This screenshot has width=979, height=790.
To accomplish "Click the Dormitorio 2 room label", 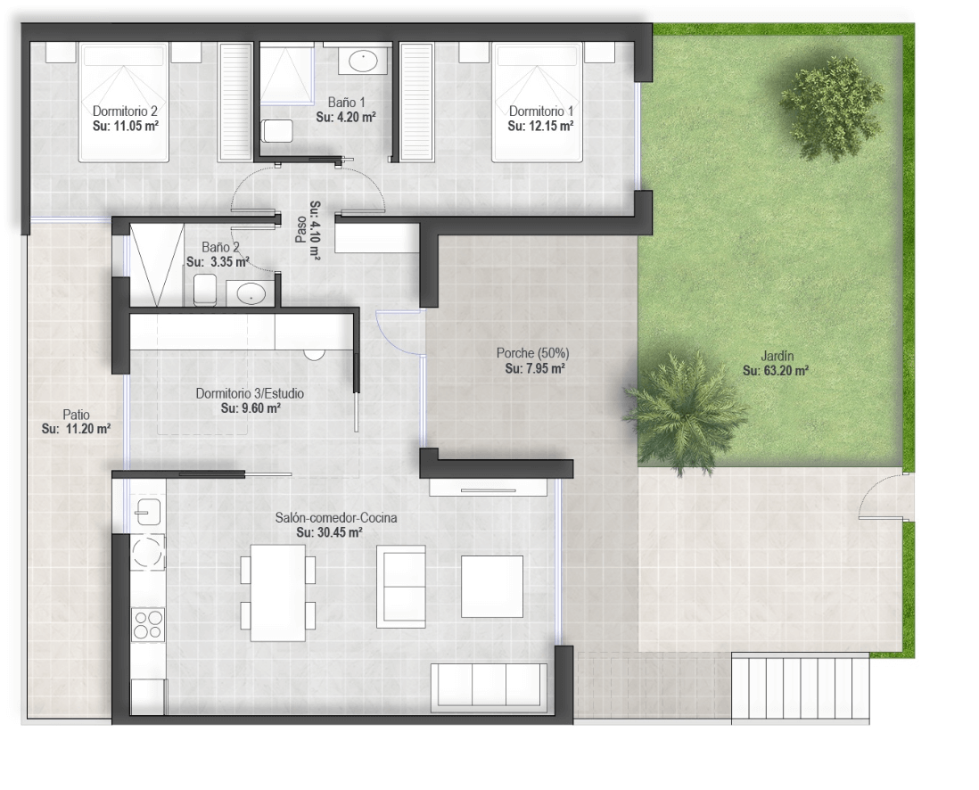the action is point(125,111).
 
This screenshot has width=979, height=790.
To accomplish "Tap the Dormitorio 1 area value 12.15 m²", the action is point(540,126).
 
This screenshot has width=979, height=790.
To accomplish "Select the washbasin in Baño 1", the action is point(363,62).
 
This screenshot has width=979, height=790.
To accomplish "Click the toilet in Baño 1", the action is point(277,130).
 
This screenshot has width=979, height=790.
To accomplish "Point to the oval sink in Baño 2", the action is point(251,292).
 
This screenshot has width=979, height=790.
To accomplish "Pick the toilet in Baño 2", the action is point(205,290).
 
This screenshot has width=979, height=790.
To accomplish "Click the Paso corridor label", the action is point(301,230).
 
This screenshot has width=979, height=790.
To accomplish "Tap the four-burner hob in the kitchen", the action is point(149,624).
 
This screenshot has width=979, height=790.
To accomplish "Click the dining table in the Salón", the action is point(278,593).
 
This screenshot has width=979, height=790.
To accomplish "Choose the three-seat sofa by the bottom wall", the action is point(489,685).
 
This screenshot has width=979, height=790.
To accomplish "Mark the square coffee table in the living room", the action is point(492,587).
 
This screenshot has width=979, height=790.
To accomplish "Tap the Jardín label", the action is point(777,356).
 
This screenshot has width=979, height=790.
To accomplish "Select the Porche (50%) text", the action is point(532,353).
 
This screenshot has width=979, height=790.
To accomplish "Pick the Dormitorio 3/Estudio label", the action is point(250,393).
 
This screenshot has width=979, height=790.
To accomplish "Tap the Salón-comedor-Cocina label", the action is point(336,518).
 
